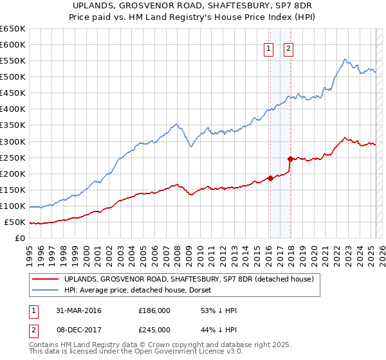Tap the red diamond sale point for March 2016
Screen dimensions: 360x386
click(x=270, y=179)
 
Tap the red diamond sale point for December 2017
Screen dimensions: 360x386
click(x=290, y=159)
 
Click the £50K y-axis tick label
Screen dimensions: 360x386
click(x=15, y=222)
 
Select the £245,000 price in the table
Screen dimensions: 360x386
click(x=154, y=330)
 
